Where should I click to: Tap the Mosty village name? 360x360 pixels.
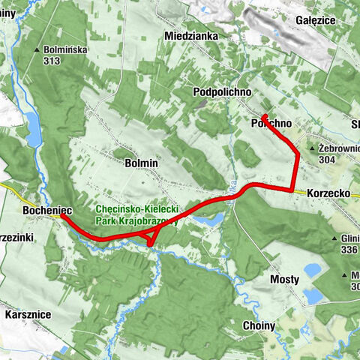point(284,280)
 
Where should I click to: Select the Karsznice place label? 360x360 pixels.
point(26,314)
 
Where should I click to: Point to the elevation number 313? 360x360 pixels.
point(52,61)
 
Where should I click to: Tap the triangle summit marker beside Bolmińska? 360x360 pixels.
point(37,50)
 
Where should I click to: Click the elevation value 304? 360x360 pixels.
point(328,159)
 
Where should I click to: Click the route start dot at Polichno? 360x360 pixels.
point(265,115)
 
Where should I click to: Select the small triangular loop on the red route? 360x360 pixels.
point(151,238)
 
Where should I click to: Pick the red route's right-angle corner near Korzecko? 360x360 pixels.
point(292,190)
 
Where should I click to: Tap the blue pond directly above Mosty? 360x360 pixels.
point(313,268)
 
